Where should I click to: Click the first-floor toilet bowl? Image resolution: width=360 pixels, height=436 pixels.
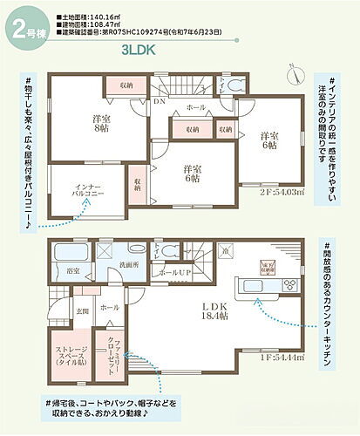click(x=158, y=251)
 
